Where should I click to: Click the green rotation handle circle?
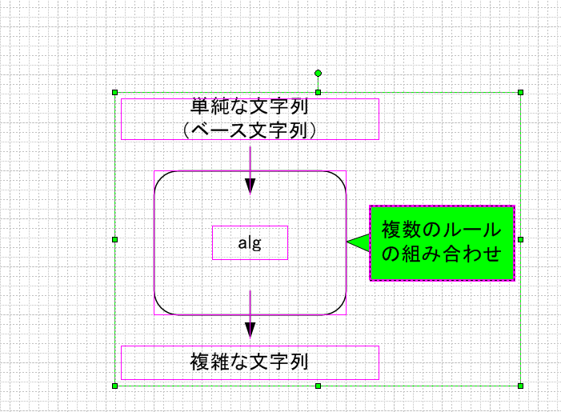point(318,74)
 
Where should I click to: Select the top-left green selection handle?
point(115,93)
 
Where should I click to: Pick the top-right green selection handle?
point(520,93)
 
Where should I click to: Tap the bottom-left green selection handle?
point(115,386)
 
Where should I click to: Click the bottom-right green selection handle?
point(520,386)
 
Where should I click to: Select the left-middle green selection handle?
point(115,239)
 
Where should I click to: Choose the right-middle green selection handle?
point(520,239)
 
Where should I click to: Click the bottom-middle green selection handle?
point(318,386)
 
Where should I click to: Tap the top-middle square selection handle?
point(318,93)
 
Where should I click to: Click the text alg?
point(250,243)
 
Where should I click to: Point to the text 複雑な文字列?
point(249,362)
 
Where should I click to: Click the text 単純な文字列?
point(249,106)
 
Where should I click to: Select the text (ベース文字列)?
point(250,130)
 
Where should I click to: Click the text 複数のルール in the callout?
point(442,230)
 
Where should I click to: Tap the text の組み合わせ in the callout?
point(442,254)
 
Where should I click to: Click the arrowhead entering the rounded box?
point(250,186)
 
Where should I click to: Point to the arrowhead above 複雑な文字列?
point(250,330)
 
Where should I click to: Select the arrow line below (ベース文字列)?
point(250,170)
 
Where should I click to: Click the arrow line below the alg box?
point(250,314)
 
